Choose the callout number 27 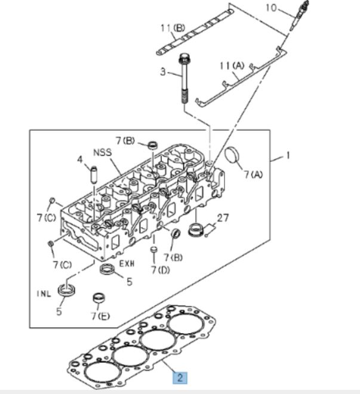(223, 218)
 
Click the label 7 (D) (160, 270)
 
